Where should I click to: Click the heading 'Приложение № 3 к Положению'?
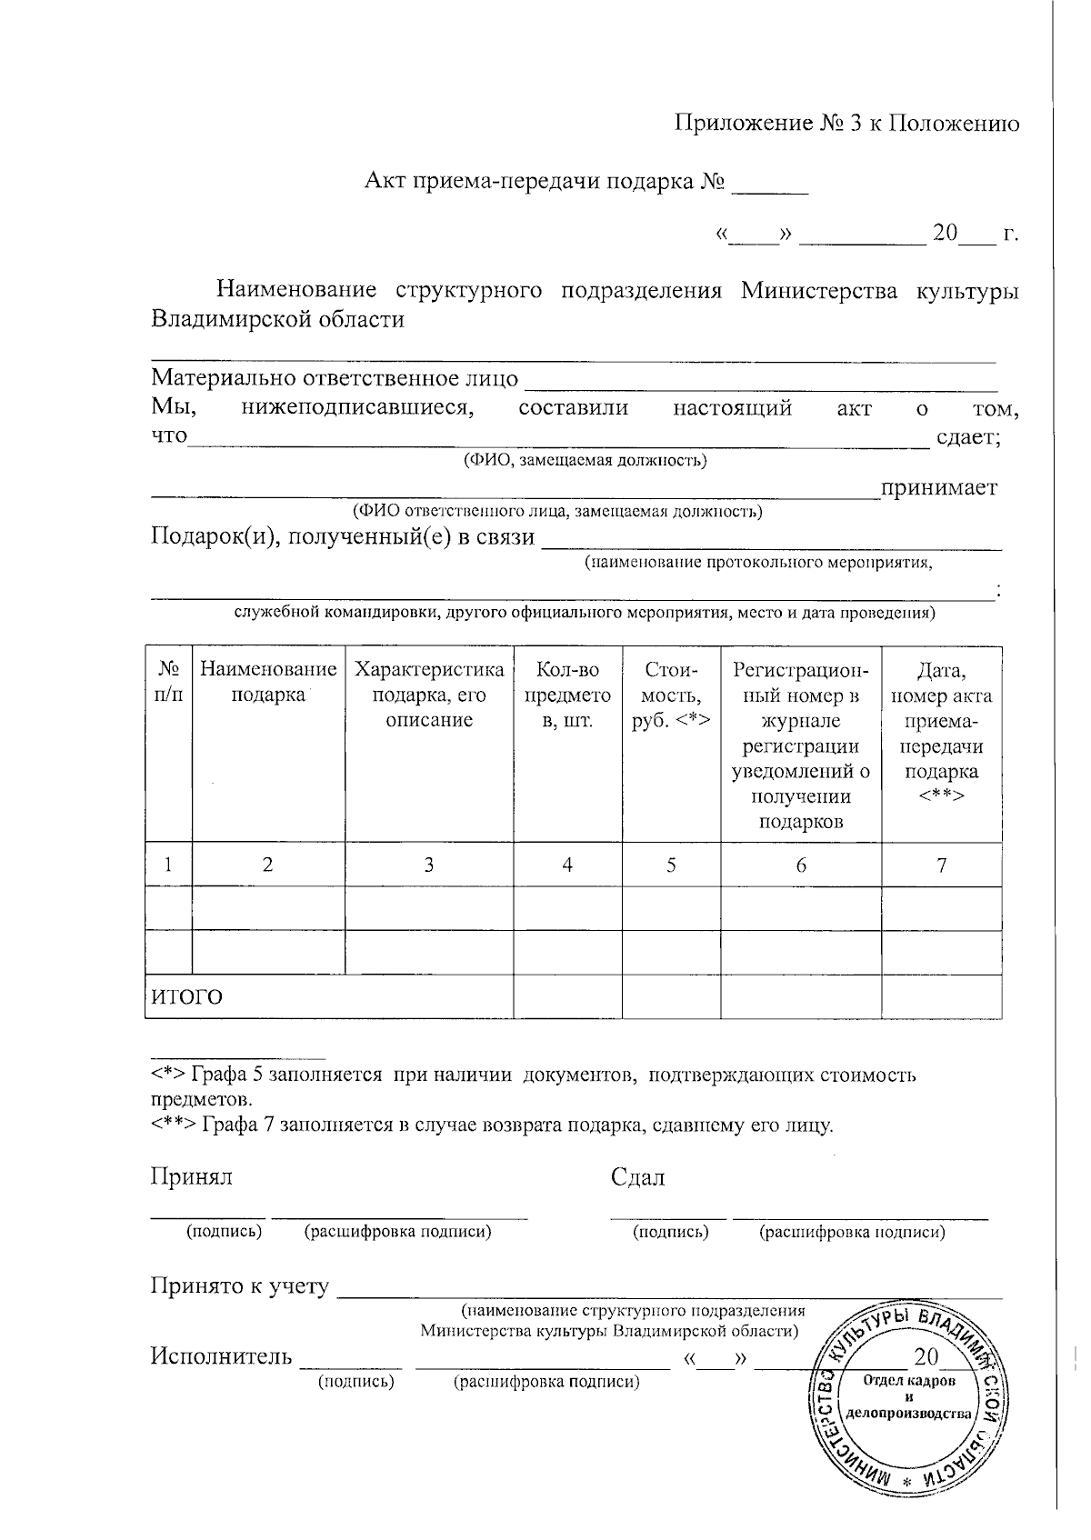click(846, 125)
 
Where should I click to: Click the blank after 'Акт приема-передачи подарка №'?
click(770, 185)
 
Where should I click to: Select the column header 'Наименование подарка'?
click(268, 683)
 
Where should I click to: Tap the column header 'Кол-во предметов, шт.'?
click(567, 695)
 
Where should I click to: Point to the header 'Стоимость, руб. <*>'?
click(671, 695)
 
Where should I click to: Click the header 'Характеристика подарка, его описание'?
click(428, 695)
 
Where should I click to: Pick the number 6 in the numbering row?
click(801, 865)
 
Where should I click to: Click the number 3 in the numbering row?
click(428, 865)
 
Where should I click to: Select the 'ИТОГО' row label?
click(186, 997)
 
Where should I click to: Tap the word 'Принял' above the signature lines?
click(191, 1177)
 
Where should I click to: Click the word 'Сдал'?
click(637, 1178)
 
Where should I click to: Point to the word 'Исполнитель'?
click(221, 1357)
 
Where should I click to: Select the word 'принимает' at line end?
click(938, 488)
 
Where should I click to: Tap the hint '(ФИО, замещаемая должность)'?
click(585, 460)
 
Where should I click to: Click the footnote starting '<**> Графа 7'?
click(491, 1125)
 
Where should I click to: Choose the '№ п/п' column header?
click(168, 683)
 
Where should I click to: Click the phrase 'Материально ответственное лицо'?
click(335, 378)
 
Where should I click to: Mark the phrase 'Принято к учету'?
click(239, 1286)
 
